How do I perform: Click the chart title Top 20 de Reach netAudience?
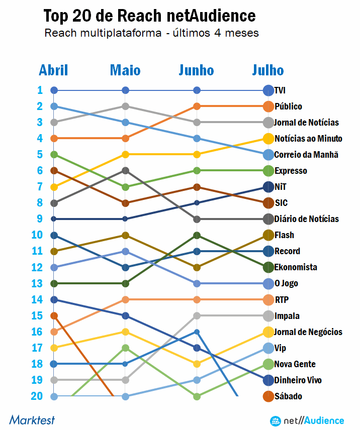click(149, 16)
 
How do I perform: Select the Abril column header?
click(54, 70)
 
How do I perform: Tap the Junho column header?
click(196, 70)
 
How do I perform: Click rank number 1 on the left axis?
click(40, 90)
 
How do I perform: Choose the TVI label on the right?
click(280, 90)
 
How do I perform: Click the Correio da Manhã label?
click(306, 155)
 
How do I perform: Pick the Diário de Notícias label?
click(306, 219)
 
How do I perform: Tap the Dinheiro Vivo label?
click(298, 380)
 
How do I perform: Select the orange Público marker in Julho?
click(268, 106)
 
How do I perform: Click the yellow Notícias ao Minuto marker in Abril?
click(54, 187)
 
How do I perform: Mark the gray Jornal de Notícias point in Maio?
click(126, 106)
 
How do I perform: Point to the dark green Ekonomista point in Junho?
click(197, 235)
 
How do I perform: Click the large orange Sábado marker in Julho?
click(268, 396)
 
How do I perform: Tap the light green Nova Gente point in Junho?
click(197, 396)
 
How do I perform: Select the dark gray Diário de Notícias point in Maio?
click(126, 171)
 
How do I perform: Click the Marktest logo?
click(32, 419)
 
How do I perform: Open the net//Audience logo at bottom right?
click(307, 420)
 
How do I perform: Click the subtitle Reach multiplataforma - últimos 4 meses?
click(151, 34)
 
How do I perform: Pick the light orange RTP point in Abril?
click(54, 332)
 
